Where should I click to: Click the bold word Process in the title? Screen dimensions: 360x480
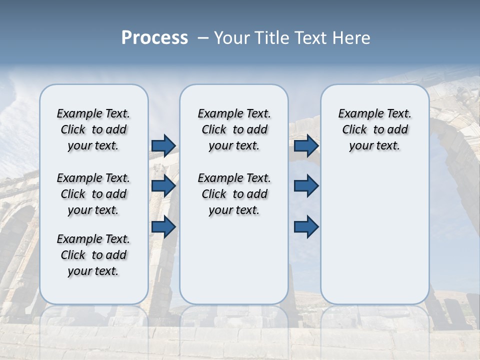pyautogui.click(x=154, y=38)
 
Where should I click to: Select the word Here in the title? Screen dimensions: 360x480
pyautogui.click(x=350, y=38)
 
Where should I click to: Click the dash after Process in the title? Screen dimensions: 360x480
pyautogui.click(x=203, y=38)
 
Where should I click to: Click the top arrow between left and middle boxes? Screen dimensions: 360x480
pyautogui.click(x=163, y=145)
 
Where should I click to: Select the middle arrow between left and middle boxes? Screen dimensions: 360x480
pyautogui.click(x=163, y=186)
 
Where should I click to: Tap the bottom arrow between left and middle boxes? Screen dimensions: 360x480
pyautogui.click(x=163, y=227)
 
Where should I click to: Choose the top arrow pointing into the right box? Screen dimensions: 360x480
pyautogui.click(x=306, y=145)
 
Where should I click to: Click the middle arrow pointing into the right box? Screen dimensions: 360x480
pyautogui.click(x=306, y=186)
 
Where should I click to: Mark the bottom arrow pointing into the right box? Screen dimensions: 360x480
pyautogui.click(x=306, y=227)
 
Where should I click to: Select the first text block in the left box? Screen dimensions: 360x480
pyautogui.click(x=93, y=129)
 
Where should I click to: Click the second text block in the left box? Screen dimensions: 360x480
pyautogui.click(x=93, y=194)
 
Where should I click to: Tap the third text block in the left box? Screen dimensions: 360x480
pyautogui.click(x=93, y=255)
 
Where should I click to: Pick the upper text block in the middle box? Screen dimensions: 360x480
pyautogui.click(x=234, y=129)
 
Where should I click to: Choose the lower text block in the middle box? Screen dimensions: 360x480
pyautogui.click(x=234, y=194)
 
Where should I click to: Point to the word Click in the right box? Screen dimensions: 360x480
pyautogui.click(x=354, y=130)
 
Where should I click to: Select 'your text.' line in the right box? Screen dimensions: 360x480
pyautogui.click(x=374, y=146)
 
